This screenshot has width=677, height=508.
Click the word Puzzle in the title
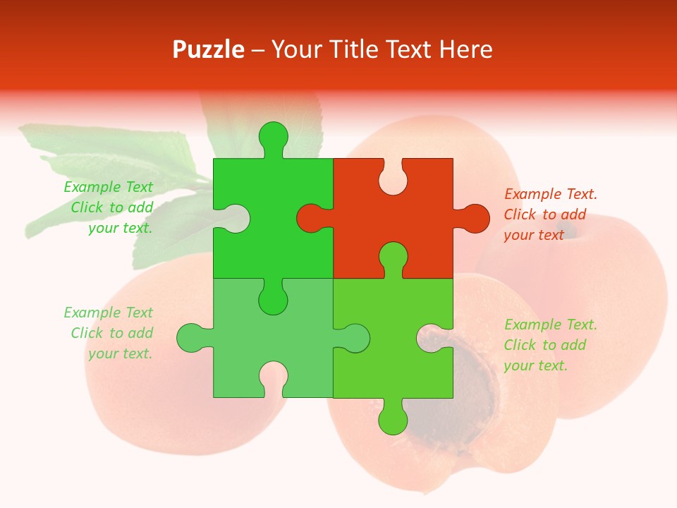point(209,50)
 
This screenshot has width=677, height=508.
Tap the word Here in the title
point(465,50)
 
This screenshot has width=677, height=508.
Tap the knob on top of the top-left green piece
point(273,136)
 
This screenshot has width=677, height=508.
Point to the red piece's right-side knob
point(474,219)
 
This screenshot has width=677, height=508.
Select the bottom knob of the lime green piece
point(393,418)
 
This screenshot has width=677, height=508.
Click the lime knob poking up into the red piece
point(393,257)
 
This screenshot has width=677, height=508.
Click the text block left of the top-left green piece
point(110,207)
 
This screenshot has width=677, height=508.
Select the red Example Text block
point(549,214)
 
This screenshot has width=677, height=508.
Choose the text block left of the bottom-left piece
point(110,333)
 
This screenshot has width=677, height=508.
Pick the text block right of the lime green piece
point(549,345)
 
